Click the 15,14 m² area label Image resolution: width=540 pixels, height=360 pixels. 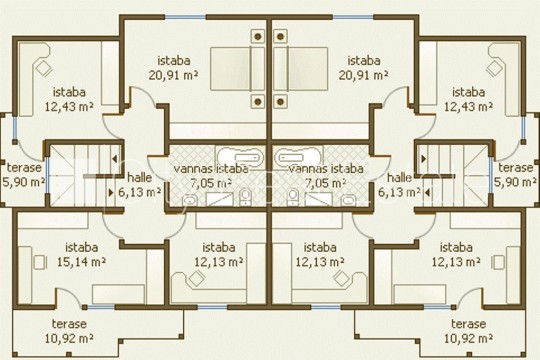coord(81,262)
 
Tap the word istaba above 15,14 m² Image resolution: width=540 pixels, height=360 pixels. coord(82,247)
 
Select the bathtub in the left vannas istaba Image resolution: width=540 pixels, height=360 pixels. coord(240,157)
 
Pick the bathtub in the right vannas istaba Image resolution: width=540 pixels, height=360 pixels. coord(298,157)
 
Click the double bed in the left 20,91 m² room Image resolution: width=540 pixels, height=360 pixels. coord(237,69)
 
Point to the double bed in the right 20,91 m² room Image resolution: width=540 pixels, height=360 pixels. coord(301,69)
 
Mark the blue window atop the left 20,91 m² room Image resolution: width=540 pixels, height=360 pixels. coord(185,17)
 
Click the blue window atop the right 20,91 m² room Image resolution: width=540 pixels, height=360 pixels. coord(353,17)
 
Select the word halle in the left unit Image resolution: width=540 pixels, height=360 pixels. coord(139,178)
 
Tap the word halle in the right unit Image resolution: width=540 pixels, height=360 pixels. coord(399,178)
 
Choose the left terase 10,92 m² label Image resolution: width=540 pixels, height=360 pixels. coord(69,331)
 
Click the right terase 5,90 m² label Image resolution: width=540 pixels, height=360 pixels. coord(516,175)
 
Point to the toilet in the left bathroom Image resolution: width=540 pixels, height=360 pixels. coord(245,197)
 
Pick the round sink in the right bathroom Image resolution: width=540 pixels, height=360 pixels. coord(349,199)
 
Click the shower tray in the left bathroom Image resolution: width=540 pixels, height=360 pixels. coord(220,199)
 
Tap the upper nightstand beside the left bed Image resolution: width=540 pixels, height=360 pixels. coord(258,36)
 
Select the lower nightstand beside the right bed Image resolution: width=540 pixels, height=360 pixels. coord(280,102)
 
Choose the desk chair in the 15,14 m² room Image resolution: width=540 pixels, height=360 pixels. coord(39,262)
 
